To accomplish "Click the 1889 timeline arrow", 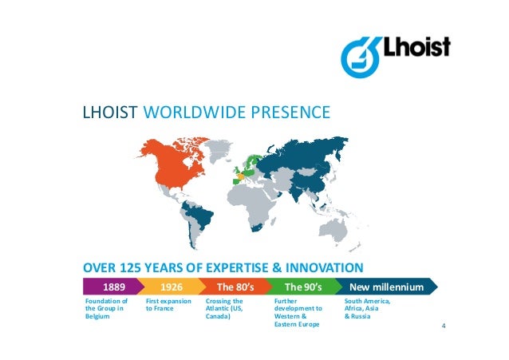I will (x=112, y=286).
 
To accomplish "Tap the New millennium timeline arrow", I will (x=384, y=286).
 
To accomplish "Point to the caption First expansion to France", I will (x=168, y=304).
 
